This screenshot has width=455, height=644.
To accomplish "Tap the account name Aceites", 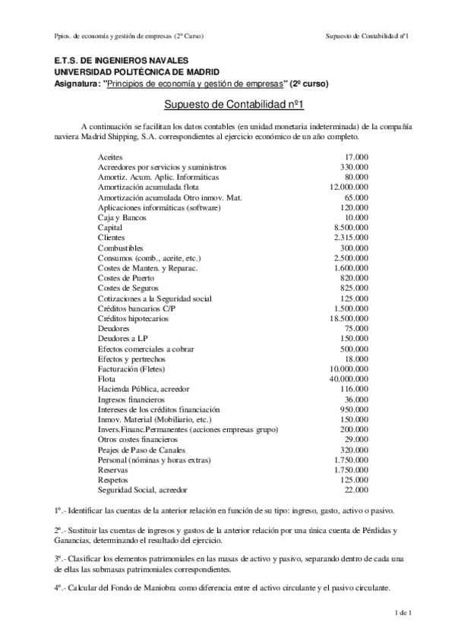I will tap(111, 156).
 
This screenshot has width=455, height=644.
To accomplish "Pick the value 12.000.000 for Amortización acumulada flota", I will tap(349, 187).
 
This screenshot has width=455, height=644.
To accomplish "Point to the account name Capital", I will tap(111, 228).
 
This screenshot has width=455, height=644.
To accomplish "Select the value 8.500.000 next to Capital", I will tap(352, 228).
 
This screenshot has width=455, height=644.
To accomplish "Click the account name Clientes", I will tap(112, 238).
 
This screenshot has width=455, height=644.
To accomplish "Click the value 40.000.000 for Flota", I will tap(349, 378).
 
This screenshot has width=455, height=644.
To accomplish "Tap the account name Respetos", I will tap(113, 479).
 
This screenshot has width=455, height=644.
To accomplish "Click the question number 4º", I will tap(58, 588).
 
